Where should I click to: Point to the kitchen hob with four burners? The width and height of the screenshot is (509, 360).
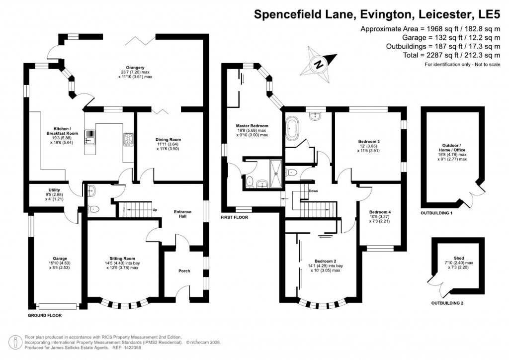point(128,138)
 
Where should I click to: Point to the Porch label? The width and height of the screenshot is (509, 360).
point(184,271)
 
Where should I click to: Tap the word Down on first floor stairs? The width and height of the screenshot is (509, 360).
point(313,191)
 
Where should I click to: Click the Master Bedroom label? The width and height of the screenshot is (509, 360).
point(252,126)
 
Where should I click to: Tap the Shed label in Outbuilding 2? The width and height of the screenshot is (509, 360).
point(459,258)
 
